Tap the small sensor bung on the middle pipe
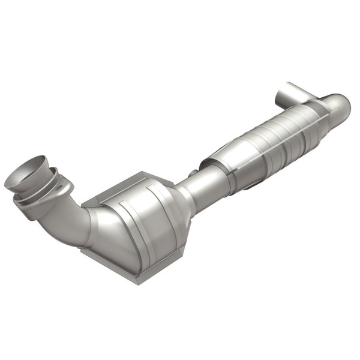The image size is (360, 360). click(x=193, y=173)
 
